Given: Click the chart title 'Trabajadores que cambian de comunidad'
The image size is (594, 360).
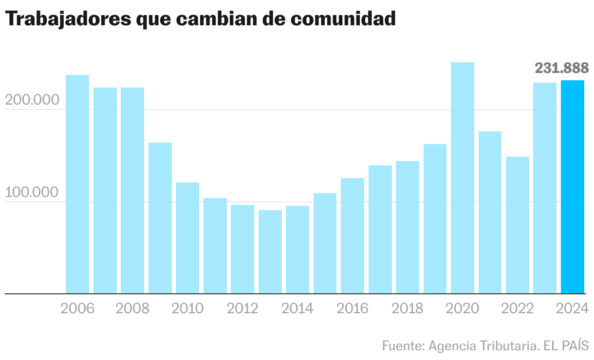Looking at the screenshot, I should pos(200,19).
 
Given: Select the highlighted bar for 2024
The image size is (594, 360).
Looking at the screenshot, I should pos(573,187).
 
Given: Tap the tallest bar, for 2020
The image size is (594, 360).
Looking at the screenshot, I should pos(463,178).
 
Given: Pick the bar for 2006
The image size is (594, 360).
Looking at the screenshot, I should pos(77,184).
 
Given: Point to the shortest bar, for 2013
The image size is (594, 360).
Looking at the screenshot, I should pos(270,252).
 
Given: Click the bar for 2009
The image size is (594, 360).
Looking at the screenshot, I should pos(160,218).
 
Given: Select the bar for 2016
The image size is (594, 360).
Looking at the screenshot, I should pos(353,236).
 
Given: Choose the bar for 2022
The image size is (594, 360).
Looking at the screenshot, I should pos(518,225).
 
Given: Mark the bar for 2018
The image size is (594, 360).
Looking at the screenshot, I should pos(408,227).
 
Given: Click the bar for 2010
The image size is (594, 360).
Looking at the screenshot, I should pos(187,238).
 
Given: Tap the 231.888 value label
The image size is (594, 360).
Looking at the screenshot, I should pos(561,68).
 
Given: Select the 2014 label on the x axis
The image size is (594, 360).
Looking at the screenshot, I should pos(297,308).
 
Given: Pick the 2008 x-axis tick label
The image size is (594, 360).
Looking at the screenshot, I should pos(132,308).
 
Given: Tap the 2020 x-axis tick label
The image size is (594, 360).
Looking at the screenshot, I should pos(463,308).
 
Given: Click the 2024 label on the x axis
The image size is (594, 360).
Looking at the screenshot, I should pos(573,308).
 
